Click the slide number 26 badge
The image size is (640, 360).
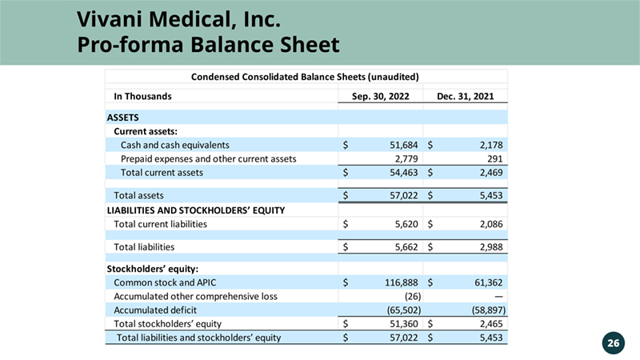(613, 343)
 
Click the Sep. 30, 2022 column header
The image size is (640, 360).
(382, 96)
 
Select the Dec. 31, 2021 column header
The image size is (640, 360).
(465, 96)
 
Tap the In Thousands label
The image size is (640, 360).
(143, 96)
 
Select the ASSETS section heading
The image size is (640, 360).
(123, 118)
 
